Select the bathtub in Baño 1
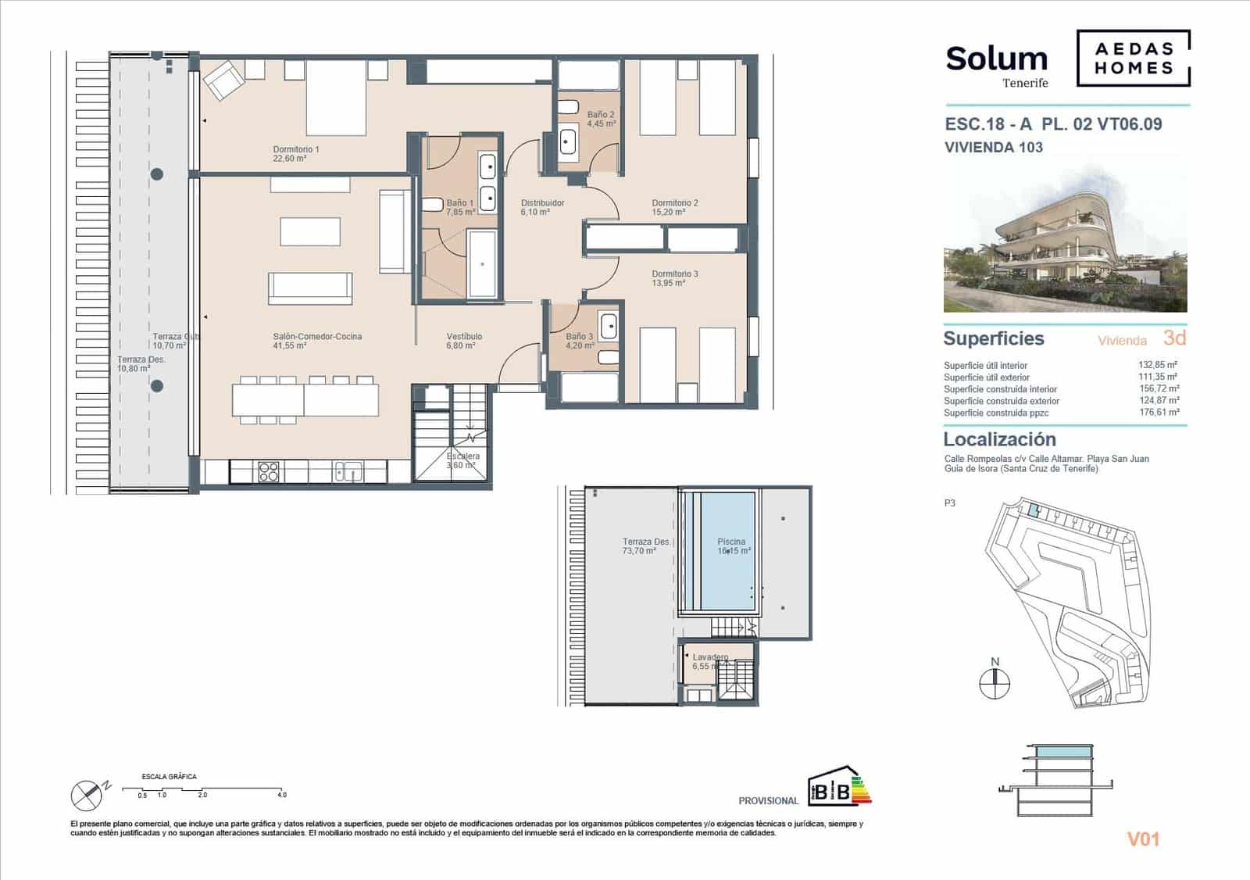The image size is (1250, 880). (x=482, y=264)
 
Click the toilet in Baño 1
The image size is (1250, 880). (x=430, y=206)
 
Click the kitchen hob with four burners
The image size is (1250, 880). (x=268, y=472)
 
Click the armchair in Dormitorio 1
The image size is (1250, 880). (x=223, y=79)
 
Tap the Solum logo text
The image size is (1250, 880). (x=996, y=59)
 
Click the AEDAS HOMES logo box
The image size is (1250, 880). (x=1133, y=58)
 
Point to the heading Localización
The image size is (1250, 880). (x=999, y=439)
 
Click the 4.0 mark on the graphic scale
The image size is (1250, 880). (x=282, y=795)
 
